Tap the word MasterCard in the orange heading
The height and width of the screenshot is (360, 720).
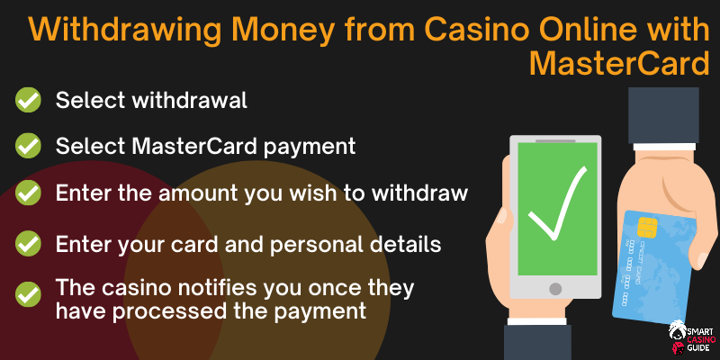[619, 64]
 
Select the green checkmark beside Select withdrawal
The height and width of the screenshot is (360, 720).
[28, 100]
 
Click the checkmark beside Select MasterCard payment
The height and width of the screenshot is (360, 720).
[28, 146]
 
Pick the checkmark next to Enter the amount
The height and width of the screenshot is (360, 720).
[28, 193]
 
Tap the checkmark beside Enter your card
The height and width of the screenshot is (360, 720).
[28, 243]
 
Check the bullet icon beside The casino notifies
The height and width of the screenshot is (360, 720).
[28, 294]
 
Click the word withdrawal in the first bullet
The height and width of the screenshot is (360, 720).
[189, 100]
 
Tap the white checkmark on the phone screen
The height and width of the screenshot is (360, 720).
[557, 205]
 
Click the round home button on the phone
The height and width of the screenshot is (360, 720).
[555, 289]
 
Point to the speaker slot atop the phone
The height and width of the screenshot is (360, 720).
[555, 141]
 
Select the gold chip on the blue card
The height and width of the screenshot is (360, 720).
[647, 228]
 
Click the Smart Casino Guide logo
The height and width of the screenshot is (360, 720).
[691, 337]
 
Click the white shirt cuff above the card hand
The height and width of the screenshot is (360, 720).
[664, 147]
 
